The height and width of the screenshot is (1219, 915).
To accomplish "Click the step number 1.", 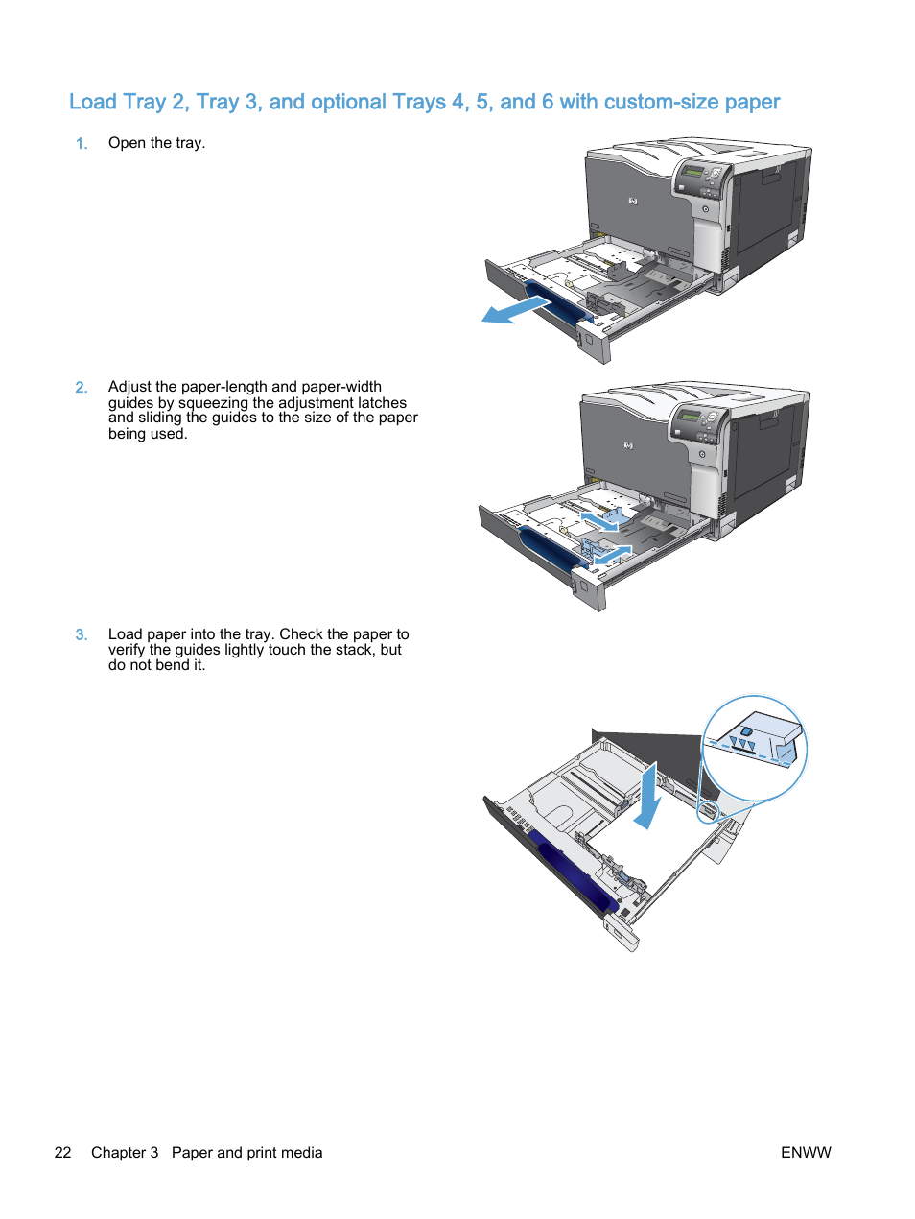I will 82,144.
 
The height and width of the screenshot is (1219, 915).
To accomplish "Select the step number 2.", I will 82,388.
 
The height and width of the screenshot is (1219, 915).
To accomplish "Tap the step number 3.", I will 82,635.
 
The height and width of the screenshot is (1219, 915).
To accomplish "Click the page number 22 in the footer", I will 63,1153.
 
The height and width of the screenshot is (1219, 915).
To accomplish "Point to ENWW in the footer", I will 806,1153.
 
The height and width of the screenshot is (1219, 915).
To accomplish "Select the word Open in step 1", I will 127,143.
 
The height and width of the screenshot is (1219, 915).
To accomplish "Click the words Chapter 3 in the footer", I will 125,1153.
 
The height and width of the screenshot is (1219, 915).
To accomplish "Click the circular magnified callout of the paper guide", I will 755,748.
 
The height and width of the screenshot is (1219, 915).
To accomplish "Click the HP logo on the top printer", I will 633,202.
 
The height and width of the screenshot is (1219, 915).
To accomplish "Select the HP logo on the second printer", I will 628,445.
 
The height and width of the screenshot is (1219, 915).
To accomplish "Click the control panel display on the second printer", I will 689,417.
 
